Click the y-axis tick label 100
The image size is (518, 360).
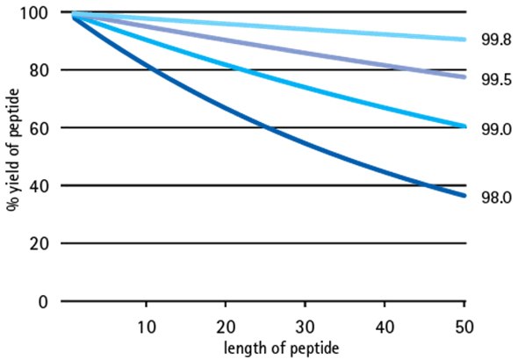(36, 12)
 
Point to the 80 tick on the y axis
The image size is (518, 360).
(40, 70)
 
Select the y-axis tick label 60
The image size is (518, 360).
(40, 128)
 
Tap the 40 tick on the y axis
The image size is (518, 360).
(40, 186)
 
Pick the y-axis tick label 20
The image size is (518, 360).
(40, 244)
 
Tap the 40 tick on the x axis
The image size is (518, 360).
(384, 327)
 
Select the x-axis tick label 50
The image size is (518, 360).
(464, 327)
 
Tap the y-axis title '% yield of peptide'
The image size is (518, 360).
(11, 156)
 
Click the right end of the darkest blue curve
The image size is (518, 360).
(464, 195)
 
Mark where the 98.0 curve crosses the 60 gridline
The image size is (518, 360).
(266, 128)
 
